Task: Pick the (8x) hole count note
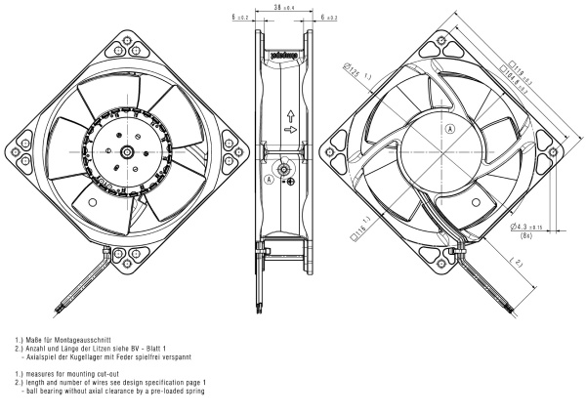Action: [528, 235]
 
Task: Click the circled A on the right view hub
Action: [450, 129]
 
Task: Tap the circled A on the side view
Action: [270, 181]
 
